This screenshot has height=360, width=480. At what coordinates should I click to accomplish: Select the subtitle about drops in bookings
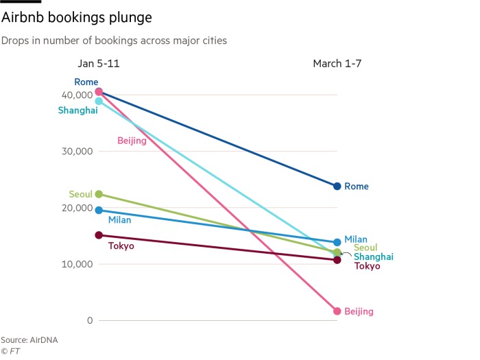pos(114,40)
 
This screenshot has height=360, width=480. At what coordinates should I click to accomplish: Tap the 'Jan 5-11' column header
pos(99,64)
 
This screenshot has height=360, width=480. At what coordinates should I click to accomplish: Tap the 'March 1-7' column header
pos(337,64)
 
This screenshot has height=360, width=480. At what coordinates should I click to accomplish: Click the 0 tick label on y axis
pos(89,320)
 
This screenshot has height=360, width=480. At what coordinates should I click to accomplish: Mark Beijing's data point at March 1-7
pos(337,311)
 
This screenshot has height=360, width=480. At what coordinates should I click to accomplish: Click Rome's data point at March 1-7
pos(337,186)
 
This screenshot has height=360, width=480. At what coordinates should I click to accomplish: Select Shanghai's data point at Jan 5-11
pos(99,101)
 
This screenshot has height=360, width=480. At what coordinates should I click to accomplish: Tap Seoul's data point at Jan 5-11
pos(99,194)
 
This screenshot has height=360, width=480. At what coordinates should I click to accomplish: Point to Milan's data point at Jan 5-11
pos(99,211)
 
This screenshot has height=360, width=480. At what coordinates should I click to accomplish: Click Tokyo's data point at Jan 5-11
pos(99,235)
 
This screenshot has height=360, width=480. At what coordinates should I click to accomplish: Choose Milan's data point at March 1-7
pos(337,242)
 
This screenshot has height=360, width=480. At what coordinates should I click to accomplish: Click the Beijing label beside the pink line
pos(132,141)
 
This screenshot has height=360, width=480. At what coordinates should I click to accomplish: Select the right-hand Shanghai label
pos(373,256)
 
